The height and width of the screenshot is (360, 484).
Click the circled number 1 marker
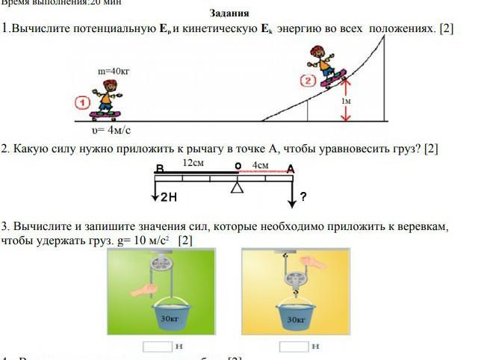[83, 102]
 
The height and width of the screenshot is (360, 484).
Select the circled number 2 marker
[307, 81]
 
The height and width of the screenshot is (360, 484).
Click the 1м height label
[346, 100]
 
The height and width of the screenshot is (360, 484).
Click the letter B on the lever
[159, 169]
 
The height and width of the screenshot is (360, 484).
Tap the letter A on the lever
[291, 169]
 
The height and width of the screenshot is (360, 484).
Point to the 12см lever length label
[193, 162]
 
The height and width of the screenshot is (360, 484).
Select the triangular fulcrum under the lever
[238, 187]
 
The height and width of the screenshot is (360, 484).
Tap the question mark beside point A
[304, 197]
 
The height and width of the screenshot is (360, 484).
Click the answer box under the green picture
[158, 346]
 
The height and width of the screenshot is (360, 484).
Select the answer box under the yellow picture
[294, 346]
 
